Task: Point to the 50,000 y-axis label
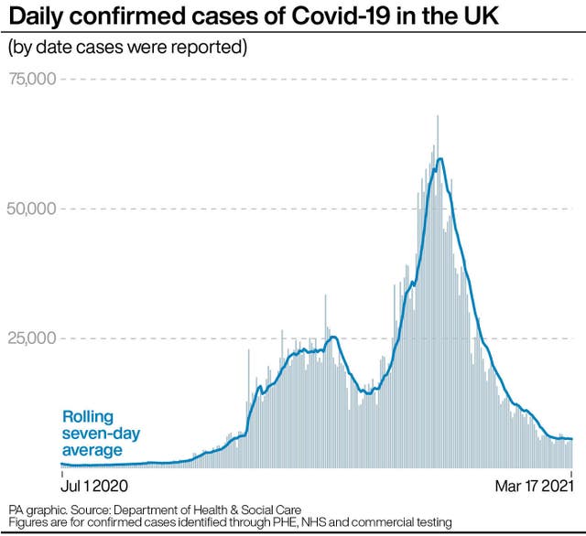coord(33,209)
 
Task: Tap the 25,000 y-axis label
coord(33,338)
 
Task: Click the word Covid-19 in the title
coord(326,17)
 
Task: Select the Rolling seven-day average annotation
coord(100,433)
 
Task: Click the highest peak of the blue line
coord(441,159)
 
